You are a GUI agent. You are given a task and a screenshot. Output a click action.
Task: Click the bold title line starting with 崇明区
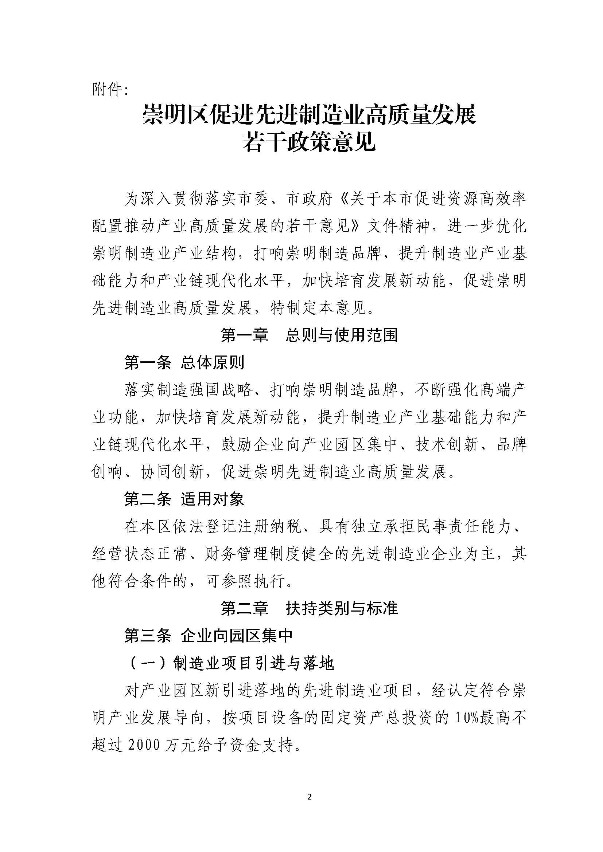[309, 115]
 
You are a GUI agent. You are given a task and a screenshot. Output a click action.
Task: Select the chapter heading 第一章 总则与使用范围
[309, 335]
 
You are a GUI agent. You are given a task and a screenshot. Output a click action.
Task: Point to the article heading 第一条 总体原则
[184, 362]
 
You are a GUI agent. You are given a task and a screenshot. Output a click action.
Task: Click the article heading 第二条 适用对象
[184, 499]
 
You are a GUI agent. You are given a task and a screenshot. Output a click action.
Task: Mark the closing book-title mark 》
[358, 226]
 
